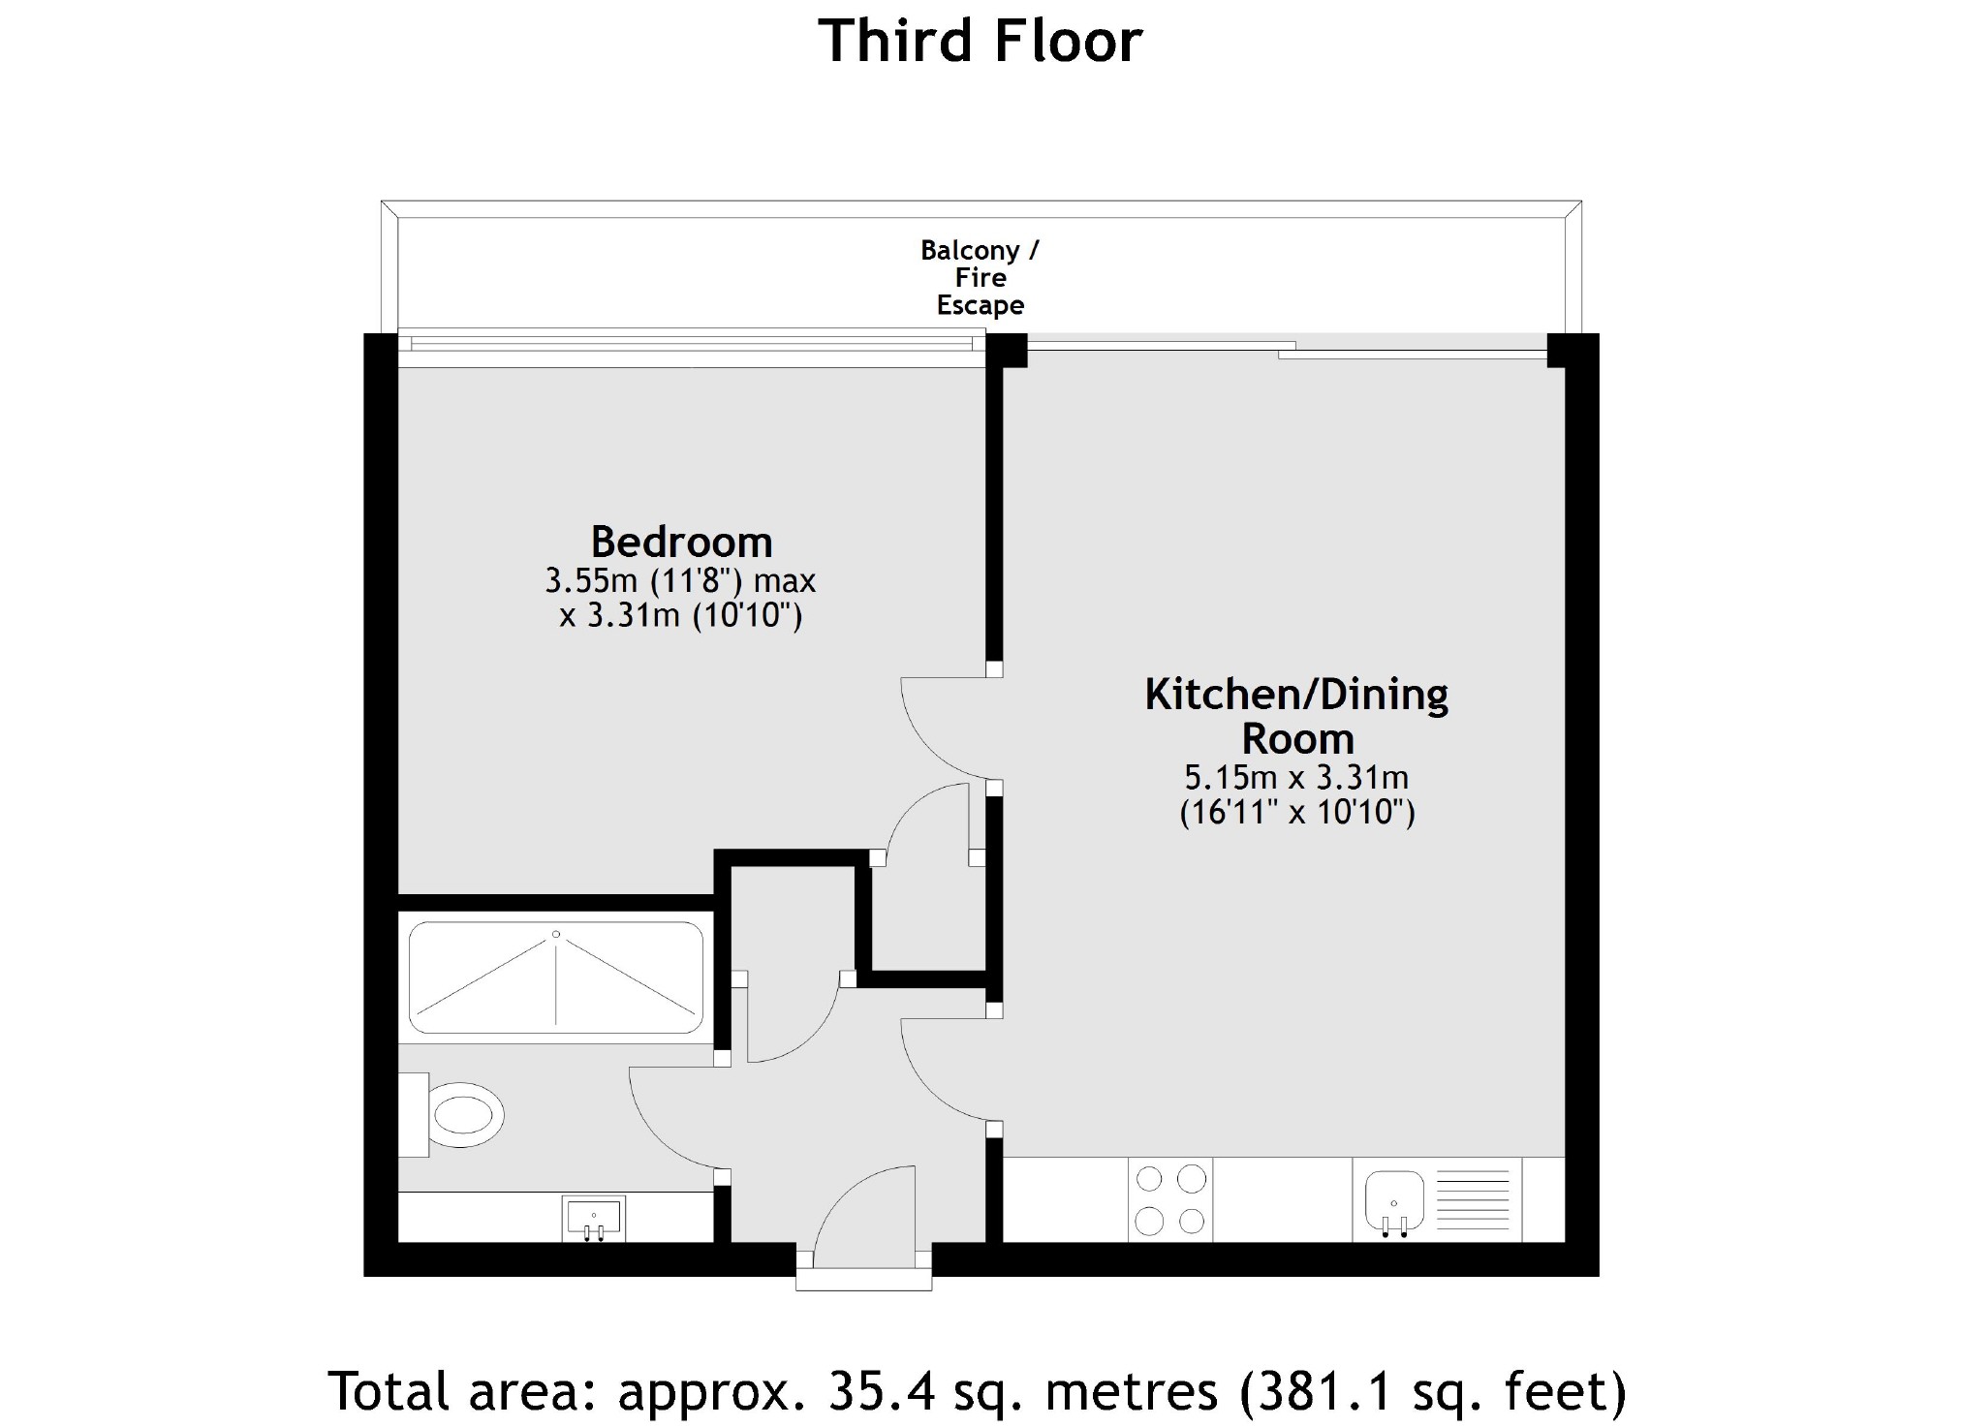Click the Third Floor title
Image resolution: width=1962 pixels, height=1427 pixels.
[981, 42]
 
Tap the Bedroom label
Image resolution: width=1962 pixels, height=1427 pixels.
[681, 542]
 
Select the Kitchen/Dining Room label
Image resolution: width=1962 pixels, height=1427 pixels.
[1296, 716]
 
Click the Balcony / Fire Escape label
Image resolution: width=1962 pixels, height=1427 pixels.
[980, 278]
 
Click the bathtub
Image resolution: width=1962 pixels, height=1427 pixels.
[556, 977]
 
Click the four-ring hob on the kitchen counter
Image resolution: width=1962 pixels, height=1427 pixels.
[1170, 1199]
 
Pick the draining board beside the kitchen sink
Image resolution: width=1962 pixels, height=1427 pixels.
[1473, 1199]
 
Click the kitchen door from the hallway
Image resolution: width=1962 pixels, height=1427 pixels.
[945, 1070]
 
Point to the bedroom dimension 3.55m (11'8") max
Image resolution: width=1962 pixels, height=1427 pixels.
[680, 581]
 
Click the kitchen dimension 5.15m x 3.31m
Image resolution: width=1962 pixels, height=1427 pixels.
[1296, 777]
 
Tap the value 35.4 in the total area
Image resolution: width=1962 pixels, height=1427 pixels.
[881, 1391]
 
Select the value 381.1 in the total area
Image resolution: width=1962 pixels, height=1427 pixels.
[1317, 1391]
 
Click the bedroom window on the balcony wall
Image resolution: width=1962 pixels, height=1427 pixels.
[690, 350]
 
